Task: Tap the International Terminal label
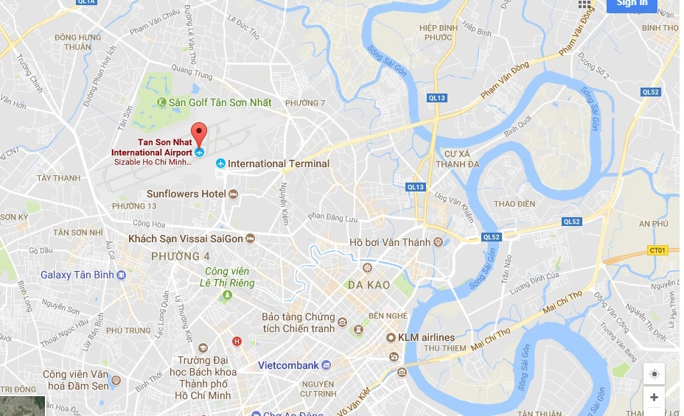(278, 163)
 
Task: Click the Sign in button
(632, 4)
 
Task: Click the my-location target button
(654, 374)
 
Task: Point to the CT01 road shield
(657, 251)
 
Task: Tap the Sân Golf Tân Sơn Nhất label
(220, 102)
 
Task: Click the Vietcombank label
(288, 365)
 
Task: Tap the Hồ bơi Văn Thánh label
(390, 242)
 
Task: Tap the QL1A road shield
(87, 2)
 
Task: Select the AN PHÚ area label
(654, 223)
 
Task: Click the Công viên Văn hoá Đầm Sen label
(75, 379)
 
